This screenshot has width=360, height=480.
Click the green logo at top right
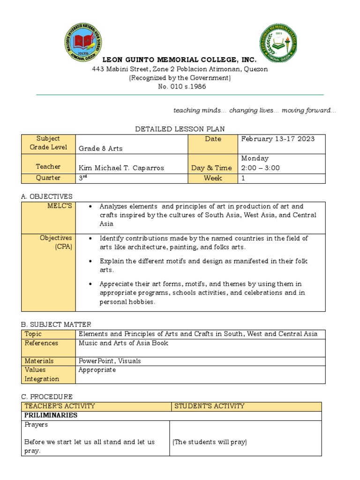click(x=278, y=44)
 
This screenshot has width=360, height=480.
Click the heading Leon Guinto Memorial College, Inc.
click(x=180, y=60)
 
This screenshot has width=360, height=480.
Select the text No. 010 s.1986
click(x=180, y=87)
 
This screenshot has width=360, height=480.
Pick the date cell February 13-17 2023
click(x=277, y=139)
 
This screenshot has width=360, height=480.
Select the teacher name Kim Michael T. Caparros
click(x=121, y=168)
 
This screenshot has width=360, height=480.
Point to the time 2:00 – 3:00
click(x=260, y=168)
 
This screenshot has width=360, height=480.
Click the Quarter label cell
click(x=48, y=178)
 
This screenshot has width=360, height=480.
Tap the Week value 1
click(x=243, y=178)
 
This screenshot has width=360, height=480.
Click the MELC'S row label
click(x=62, y=206)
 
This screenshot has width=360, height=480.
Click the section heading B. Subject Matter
click(x=56, y=324)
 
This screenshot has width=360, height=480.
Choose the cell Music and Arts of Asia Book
click(x=123, y=343)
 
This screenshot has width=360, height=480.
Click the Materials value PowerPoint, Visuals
click(x=110, y=361)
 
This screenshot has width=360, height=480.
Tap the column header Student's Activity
click(x=209, y=406)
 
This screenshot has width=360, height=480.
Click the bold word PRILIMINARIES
click(x=51, y=415)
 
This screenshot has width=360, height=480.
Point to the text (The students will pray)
click(x=210, y=442)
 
